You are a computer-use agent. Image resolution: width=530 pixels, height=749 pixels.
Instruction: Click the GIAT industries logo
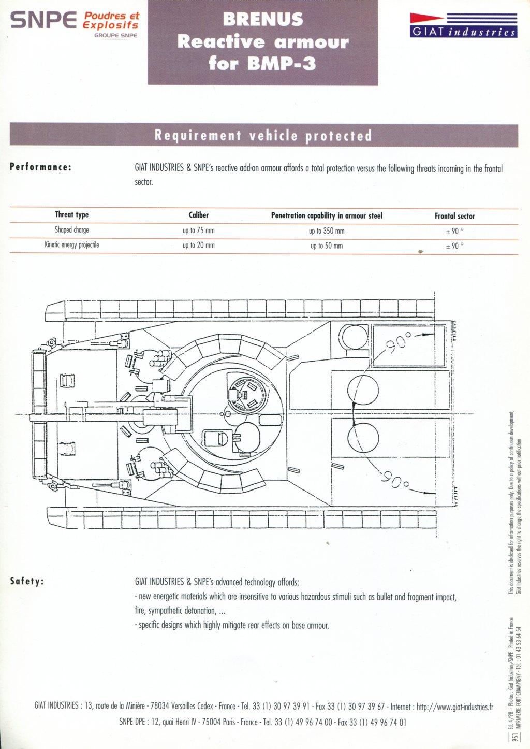pyautogui.click(x=463, y=25)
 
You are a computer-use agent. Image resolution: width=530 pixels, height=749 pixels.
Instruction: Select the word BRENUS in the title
pyautogui.click(x=263, y=20)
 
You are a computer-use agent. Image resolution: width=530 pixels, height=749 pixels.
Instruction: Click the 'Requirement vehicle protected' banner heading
pyautogui.click(x=263, y=136)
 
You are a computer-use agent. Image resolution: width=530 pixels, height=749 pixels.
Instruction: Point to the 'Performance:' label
pyautogui.click(x=40, y=167)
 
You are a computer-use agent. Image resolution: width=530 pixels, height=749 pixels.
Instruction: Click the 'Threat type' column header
pyautogui.click(x=72, y=215)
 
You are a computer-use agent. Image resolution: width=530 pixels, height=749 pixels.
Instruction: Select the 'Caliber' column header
pyautogui.click(x=198, y=215)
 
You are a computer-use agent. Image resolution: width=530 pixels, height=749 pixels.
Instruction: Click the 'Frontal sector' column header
pyautogui.click(x=454, y=216)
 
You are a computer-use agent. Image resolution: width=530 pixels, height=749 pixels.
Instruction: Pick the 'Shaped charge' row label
pyautogui.click(x=72, y=230)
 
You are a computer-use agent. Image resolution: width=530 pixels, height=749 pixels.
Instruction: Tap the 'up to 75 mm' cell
pyautogui.click(x=198, y=231)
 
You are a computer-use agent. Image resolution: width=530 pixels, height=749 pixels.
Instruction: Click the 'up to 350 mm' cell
pyautogui.click(x=327, y=231)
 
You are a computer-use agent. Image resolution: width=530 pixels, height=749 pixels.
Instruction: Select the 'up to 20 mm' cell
pyautogui.click(x=198, y=246)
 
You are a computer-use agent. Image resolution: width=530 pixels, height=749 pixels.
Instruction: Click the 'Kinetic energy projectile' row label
pyautogui.click(x=72, y=245)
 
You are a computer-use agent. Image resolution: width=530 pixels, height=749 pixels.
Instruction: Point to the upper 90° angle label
pyautogui.click(x=398, y=342)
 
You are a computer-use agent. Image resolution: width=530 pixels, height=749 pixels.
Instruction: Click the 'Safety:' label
pyautogui.click(x=27, y=581)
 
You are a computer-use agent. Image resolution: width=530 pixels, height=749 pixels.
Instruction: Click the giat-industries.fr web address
pyautogui.click(x=454, y=707)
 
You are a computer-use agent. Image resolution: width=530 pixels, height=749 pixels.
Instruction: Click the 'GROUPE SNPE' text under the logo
pyautogui.click(x=115, y=36)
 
